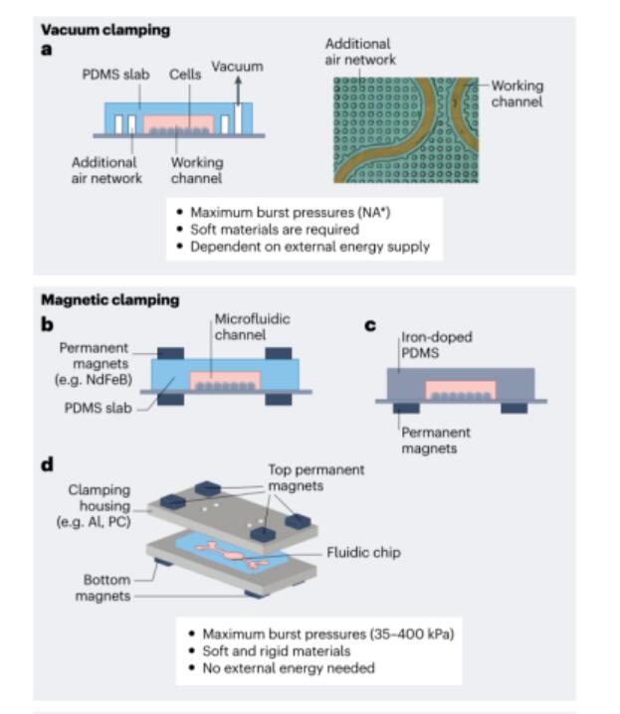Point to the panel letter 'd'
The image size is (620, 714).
pyautogui.click(x=47, y=464)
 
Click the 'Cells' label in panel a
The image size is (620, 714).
pyautogui.click(x=183, y=75)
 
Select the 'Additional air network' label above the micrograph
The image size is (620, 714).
pyautogui.click(x=359, y=52)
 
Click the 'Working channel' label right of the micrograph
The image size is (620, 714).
pyautogui.click(x=517, y=93)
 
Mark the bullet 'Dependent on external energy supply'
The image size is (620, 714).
pyautogui.click(x=311, y=246)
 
